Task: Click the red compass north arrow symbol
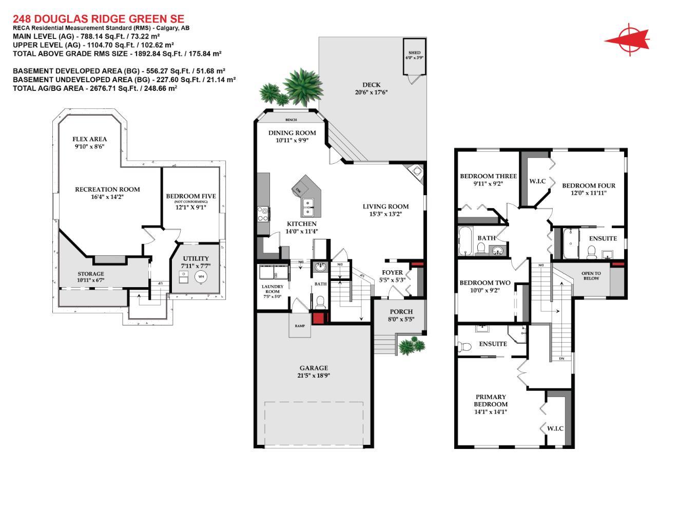coord(629,39)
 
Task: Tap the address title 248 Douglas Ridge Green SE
coord(98,19)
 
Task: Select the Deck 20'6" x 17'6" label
coord(371,89)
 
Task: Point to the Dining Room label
coord(292,136)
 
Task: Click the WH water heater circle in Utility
coord(201,276)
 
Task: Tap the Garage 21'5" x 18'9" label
coord(314,371)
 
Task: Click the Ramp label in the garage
coord(300,326)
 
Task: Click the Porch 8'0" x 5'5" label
coord(401,315)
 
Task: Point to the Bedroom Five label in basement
coord(191,200)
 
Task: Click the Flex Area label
coord(89,142)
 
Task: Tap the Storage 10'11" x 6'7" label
coord(91,277)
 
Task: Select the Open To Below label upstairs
coord(591,276)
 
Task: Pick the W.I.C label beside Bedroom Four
coord(537,181)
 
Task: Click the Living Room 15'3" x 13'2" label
coord(385,210)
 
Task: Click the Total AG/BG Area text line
coord(95,88)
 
